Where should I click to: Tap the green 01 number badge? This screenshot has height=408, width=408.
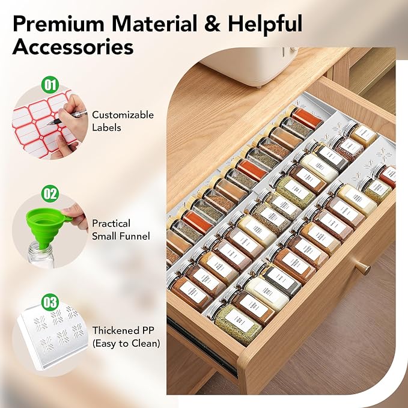click(x=50, y=83)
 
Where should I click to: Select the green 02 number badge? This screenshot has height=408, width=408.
click(x=50, y=193)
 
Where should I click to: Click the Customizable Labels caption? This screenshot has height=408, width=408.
click(x=123, y=121)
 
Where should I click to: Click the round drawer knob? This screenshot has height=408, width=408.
click(x=362, y=267)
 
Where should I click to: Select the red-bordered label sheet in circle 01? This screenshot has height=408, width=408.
click(x=36, y=120)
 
